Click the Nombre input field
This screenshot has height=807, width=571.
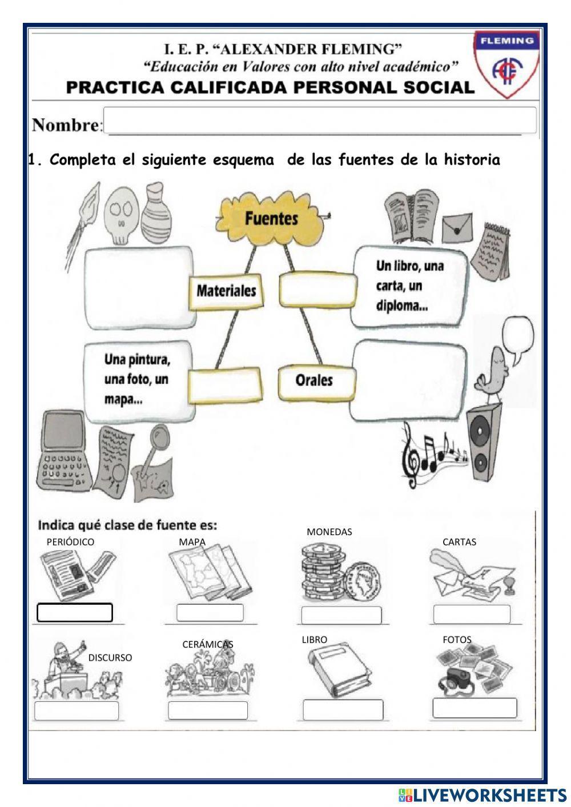(x=320, y=121)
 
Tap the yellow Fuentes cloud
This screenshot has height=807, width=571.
(x=272, y=218)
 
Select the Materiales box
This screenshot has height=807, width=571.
(x=226, y=291)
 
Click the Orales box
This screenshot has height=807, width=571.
(x=314, y=380)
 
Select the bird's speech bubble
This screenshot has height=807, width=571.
(x=518, y=340)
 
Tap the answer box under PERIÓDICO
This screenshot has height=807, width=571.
(x=75, y=613)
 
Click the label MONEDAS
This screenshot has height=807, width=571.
(x=329, y=532)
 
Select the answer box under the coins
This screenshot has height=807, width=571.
(x=341, y=615)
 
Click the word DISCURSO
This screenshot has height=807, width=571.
(x=110, y=657)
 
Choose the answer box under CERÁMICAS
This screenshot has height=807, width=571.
(x=208, y=710)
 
